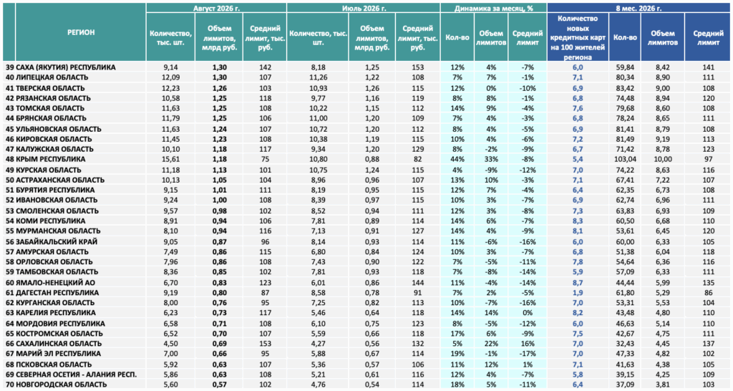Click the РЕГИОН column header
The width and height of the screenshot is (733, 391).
coord(81,32)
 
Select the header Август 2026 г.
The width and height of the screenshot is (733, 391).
coord(216,8)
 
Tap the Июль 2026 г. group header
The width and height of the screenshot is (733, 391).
coord(363,8)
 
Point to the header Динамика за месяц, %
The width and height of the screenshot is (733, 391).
coord(494,8)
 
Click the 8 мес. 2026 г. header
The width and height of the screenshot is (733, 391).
coord(639,8)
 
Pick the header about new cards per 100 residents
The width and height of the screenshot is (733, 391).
coord(578,38)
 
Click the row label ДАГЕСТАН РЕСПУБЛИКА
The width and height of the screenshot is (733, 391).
coord(57,292)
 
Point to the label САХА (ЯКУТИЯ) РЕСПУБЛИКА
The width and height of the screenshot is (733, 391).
coord(65,67)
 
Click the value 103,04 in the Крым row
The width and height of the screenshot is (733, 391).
coord(625,159)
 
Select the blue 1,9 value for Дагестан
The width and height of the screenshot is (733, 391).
coord(578,292)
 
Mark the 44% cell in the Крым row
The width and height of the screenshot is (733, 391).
coord(457,159)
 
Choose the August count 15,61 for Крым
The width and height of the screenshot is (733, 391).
coord(170,159)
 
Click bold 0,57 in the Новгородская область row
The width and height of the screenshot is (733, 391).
coord(219,385)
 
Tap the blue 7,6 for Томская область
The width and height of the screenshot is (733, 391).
coord(578,108)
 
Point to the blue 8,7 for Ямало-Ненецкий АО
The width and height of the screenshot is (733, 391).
coord(578,282)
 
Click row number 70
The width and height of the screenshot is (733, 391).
coord(10,385)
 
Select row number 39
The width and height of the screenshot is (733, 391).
coord(10,67)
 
